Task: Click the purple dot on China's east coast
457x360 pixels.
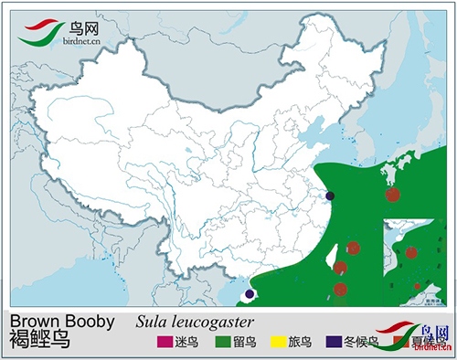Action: (330, 196)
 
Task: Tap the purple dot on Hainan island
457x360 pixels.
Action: (250, 295)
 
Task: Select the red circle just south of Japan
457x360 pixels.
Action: (393, 194)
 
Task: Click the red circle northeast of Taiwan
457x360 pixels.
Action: (354, 248)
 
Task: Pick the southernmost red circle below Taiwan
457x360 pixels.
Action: (340, 290)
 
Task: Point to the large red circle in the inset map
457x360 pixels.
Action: (411, 252)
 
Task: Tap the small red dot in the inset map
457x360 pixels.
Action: (417, 286)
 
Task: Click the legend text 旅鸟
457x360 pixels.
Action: (300, 343)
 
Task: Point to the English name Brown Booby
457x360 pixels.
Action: (61, 322)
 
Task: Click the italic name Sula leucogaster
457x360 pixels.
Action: (194, 322)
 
